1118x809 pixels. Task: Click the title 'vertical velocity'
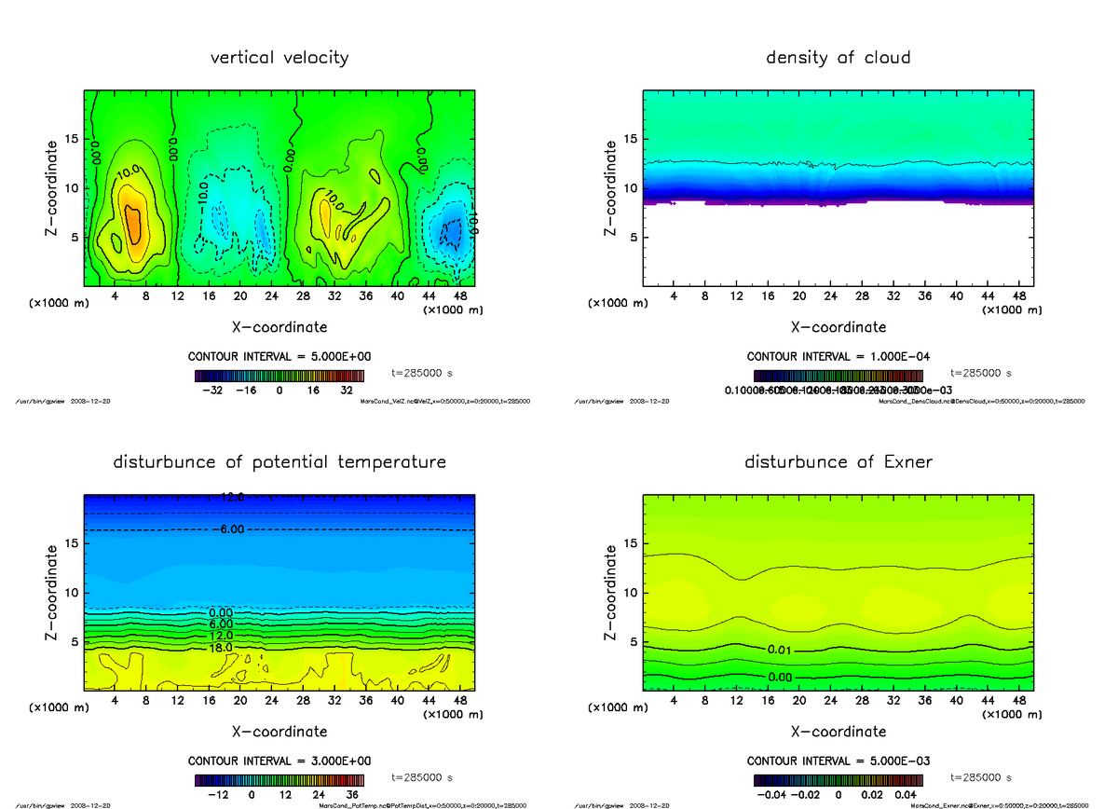(279, 58)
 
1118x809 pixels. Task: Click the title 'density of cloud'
(838, 58)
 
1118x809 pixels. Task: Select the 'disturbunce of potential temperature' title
(279, 462)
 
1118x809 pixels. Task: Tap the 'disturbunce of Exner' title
(838, 462)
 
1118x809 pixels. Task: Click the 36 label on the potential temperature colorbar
(352, 795)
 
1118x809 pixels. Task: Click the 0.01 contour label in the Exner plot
(780, 650)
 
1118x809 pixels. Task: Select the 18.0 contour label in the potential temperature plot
(220, 647)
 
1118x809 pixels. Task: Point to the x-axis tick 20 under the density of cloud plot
(798, 296)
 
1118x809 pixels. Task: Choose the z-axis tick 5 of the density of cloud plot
(630, 237)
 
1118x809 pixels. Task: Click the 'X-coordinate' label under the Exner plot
(838, 732)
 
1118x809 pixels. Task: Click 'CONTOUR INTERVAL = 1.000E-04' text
(838, 357)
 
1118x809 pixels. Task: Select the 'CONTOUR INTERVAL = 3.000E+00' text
(279, 761)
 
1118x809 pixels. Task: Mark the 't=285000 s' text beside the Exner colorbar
(981, 777)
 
